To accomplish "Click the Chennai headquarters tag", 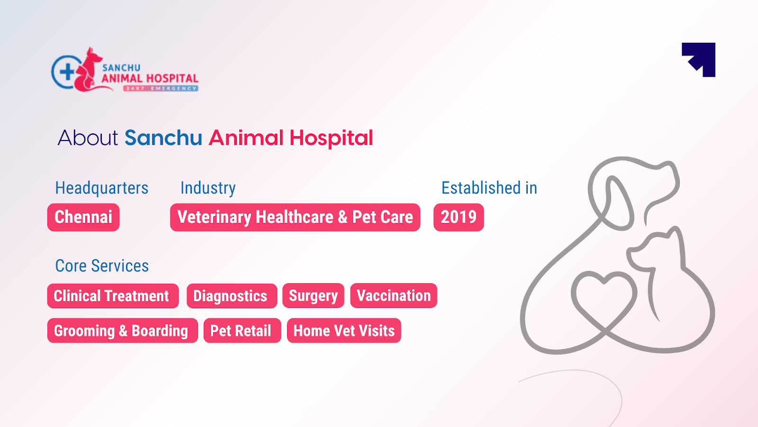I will (83, 217).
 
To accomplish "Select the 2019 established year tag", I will (459, 217).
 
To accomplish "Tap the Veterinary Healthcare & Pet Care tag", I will (295, 217).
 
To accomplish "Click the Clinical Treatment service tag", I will (113, 296).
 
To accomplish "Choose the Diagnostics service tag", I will (231, 296).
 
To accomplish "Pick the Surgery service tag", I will (313, 296).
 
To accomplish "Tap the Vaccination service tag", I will (393, 296).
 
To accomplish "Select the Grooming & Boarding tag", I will (122, 331).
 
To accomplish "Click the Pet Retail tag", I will (242, 331).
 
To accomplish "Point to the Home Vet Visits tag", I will (344, 331).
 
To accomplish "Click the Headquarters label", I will (102, 188).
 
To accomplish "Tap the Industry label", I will (208, 188).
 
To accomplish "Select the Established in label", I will (489, 188).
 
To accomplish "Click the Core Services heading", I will (102, 266).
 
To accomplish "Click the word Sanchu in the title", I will (163, 138).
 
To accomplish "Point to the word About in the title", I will (88, 138).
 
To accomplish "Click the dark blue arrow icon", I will (700, 59).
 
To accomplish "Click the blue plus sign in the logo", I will (67, 72).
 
